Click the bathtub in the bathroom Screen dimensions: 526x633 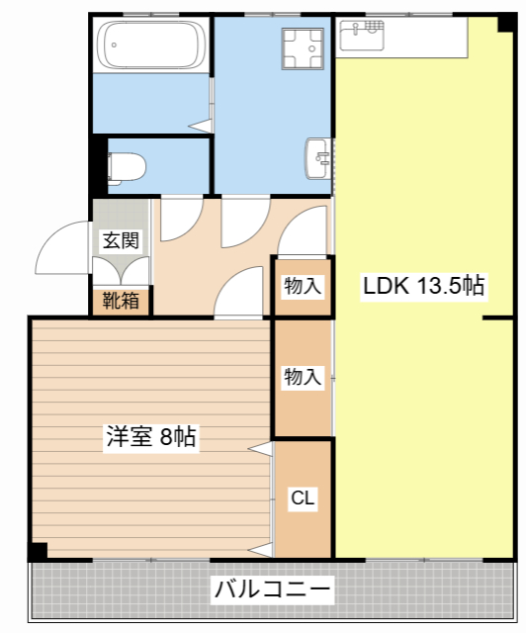(152, 45)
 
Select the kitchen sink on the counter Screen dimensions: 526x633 (362, 36)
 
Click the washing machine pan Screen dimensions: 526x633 (303, 48)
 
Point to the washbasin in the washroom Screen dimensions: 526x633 (318, 158)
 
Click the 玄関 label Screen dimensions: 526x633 (121, 240)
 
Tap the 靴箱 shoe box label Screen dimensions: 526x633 (121, 301)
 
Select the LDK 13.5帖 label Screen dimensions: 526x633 (424, 286)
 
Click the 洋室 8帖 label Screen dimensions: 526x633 (151, 437)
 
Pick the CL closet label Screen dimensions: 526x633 (303, 497)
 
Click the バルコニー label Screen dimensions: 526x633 (273, 589)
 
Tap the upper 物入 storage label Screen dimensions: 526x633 (303, 286)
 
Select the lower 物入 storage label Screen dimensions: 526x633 (303, 377)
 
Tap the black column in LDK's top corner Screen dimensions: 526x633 (506, 23)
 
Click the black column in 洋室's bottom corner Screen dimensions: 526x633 (39, 551)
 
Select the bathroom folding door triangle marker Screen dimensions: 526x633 (201, 126)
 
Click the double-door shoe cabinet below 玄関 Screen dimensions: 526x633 (121, 271)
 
